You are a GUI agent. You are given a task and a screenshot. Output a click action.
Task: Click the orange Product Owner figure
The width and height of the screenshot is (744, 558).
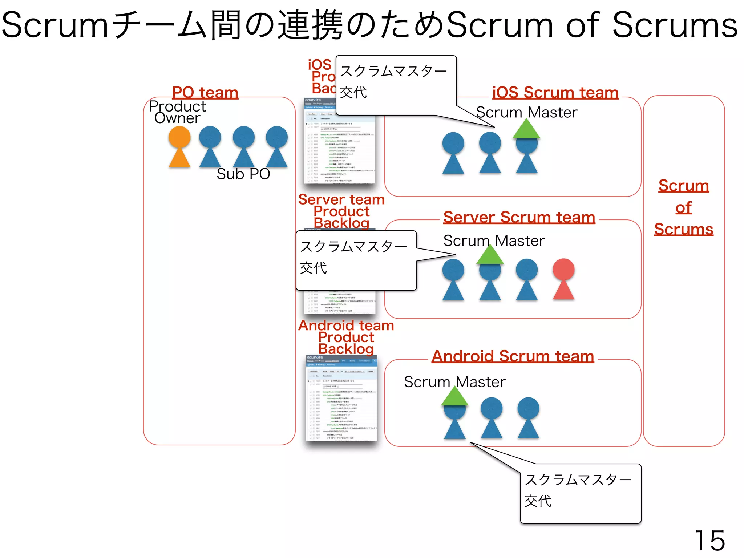179,147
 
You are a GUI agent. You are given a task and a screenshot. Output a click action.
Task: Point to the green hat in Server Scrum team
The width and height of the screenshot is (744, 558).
490,255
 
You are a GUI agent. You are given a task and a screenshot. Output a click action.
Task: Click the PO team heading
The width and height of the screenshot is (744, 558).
205,92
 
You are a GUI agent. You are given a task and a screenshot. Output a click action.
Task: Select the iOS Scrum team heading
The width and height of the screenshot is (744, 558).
555,92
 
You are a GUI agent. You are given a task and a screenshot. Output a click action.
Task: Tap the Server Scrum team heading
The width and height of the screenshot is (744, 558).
519,217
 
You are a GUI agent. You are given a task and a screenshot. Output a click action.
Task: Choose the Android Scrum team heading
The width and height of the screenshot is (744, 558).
513,356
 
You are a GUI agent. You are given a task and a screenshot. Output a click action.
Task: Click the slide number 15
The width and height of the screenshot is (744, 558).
709,541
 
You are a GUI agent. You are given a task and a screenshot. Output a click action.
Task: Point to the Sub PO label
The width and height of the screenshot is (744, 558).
243,174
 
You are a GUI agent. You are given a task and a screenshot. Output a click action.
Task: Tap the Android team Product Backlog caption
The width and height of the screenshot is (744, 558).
346,337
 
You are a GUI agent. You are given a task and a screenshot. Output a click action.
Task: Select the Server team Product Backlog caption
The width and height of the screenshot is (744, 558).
341,211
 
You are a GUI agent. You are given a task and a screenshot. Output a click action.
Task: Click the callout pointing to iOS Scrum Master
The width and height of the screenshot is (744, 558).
396,85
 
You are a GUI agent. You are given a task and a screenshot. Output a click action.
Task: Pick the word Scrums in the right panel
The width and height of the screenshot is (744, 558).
683,229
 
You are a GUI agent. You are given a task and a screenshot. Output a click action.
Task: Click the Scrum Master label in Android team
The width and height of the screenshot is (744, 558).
454,382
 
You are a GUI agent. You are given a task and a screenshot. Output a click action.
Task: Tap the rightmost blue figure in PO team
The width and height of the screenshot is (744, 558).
277,147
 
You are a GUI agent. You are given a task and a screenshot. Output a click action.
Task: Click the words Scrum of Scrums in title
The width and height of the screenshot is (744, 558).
592,25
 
